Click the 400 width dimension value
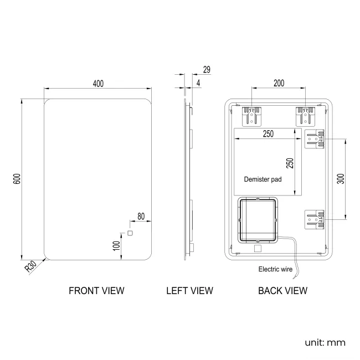(98, 84)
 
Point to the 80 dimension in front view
(141, 216)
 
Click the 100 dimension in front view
(116, 245)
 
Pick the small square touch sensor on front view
(131, 233)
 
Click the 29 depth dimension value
(207, 70)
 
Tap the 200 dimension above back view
(279, 83)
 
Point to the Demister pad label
(263, 179)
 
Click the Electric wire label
(275, 270)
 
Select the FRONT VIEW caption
(96, 290)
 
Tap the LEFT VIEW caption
(189, 290)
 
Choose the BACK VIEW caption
(282, 290)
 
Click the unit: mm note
(325, 342)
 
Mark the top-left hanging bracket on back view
(252, 115)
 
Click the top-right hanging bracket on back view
(305, 115)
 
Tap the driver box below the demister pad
(258, 220)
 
